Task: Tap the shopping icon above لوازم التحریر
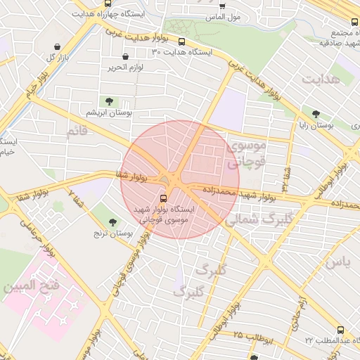click(x=125, y=56)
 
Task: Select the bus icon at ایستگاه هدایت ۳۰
click(x=182, y=41)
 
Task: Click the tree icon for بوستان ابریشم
click(x=108, y=101)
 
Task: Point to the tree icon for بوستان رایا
click(x=315, y=113)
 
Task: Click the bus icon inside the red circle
click(x=164, y=198)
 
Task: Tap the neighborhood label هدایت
click(x=321, y=79)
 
